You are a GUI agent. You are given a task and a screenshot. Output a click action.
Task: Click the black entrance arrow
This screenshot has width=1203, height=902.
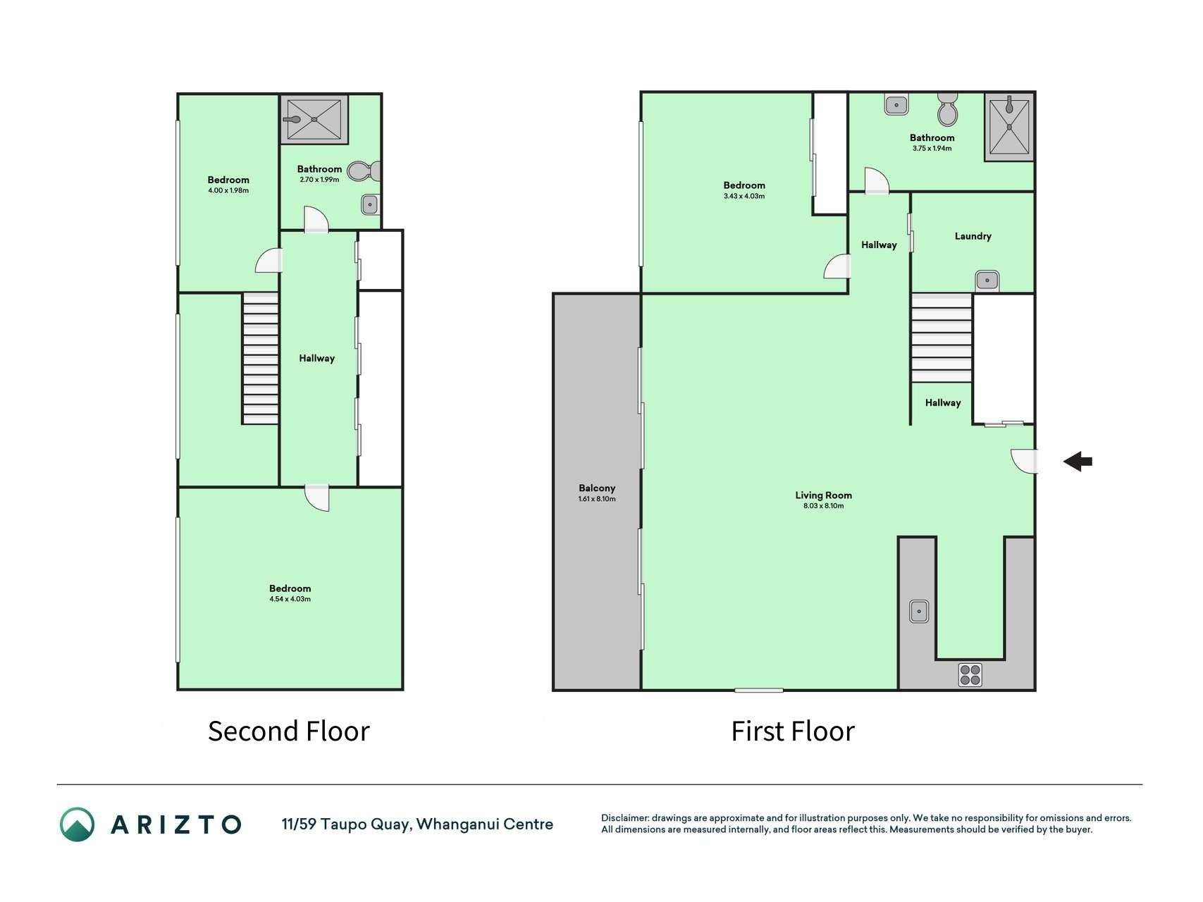point(1078,462)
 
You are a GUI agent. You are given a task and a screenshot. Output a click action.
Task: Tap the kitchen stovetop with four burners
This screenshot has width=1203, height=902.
point(970,674)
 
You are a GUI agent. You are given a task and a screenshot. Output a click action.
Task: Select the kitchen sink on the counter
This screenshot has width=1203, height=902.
point(919,611)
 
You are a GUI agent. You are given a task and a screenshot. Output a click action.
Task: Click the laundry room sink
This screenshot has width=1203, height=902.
point(987,280)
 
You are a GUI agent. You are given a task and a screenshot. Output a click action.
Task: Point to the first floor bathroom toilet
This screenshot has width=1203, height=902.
point(948,109)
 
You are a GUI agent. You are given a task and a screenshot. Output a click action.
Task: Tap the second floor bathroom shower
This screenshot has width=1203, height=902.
point(314,119)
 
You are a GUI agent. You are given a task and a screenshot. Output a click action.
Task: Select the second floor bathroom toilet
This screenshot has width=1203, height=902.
point(364,171)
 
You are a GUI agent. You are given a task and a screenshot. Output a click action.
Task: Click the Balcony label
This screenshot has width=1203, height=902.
point(597,488)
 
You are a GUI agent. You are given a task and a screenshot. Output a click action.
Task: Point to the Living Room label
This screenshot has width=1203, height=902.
point(823,495)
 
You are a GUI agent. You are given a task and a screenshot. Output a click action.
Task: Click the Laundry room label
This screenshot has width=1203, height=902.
point(973,236)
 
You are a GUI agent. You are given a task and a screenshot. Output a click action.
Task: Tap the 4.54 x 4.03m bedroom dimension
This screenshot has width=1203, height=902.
point(290,599)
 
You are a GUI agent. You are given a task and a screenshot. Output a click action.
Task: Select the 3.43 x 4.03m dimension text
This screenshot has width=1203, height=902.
point(744,196)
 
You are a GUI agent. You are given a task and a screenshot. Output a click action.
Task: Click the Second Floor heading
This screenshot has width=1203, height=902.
point(288,731)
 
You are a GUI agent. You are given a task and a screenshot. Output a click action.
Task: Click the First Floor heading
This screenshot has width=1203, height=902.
point(793,731)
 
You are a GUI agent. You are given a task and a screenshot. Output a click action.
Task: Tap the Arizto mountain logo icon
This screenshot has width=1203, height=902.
point(77,824)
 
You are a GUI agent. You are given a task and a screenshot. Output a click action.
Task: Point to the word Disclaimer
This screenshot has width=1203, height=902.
point(624,818)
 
